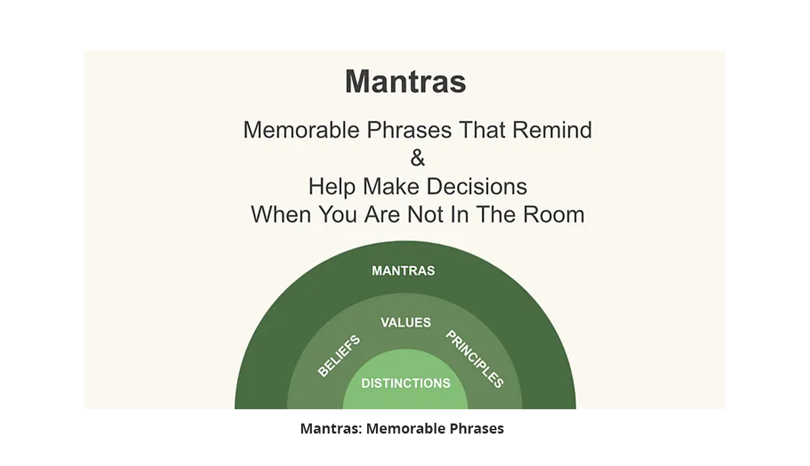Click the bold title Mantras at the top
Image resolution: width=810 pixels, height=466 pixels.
click(x=406, y=82)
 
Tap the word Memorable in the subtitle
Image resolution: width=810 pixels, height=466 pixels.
click(x=302, y=130)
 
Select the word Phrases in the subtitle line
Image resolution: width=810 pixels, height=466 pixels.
click(x=409, y=130)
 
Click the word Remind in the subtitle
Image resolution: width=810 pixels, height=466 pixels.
click(x=552, y=130)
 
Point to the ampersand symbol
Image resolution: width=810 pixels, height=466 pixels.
click(x=418, y=158)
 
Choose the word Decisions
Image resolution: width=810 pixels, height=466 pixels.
click(x=477, y=186)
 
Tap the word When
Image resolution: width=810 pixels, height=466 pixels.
click(x=281, y=214)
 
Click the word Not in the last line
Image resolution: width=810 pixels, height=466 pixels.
click(x=425, y=214)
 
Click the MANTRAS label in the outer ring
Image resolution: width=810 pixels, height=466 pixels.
click(x=404, y=271)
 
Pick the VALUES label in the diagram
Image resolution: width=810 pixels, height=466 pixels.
click(x=406, y=322)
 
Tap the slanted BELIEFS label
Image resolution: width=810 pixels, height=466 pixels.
click(x=339, y=356)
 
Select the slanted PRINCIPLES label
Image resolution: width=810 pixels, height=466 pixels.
click(x=475, y=359)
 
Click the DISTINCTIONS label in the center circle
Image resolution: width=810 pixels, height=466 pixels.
click(x=406, y=383)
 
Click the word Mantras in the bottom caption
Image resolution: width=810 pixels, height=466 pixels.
click(x=331, y=429)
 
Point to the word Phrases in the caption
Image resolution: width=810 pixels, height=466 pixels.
click(x=477, y=429)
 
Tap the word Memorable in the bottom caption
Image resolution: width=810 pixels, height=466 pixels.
click(x=406, y=429)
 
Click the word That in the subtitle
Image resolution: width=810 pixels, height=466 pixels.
click(x=482, y=130)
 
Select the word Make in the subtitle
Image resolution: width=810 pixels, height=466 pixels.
click(x=391, y=186)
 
